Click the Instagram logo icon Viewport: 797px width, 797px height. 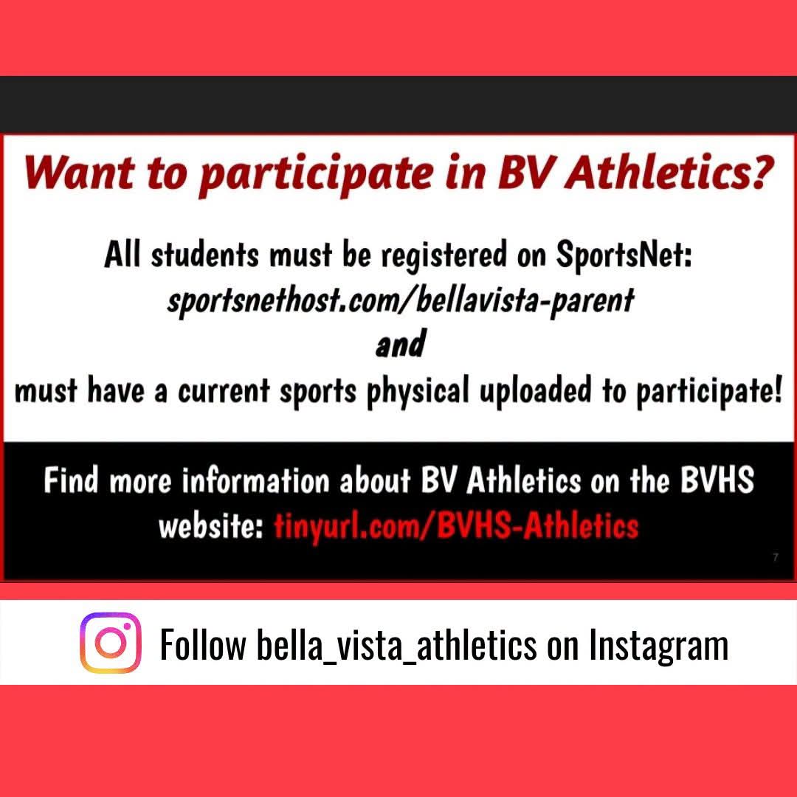[110, 643]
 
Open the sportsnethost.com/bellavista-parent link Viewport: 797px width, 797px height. [401, 300]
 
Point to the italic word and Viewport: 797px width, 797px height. [400, 343]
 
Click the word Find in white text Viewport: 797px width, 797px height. [71, 480]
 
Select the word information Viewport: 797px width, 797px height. [255, 481]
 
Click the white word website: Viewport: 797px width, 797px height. [211, 526]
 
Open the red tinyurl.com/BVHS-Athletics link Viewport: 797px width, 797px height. [456, 526]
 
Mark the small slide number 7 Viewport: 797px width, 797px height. [776, 557]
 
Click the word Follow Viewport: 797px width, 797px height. [203, 644]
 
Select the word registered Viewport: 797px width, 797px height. [444, 255]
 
